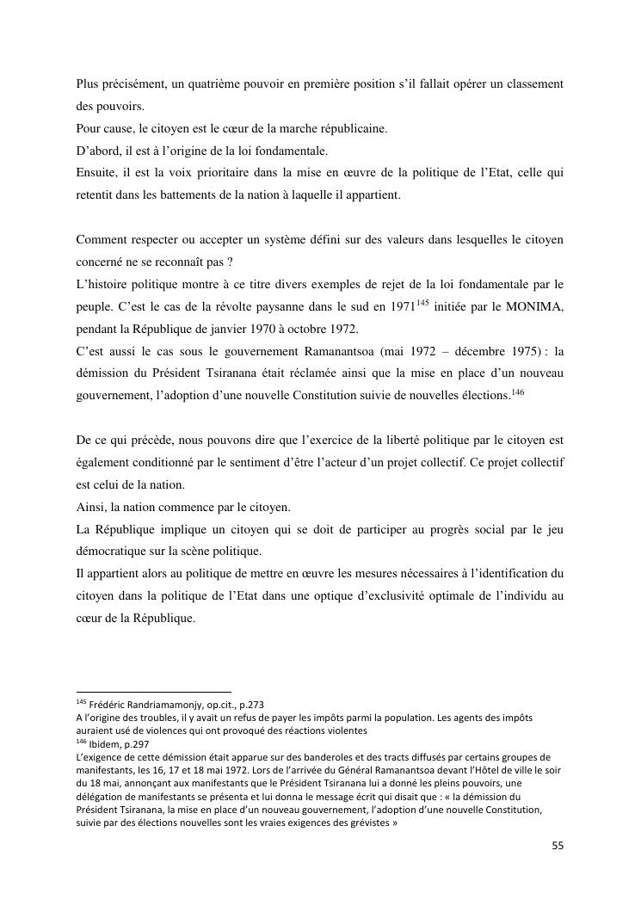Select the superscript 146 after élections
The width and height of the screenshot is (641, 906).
pyautogui.click(x=517, y=392)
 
